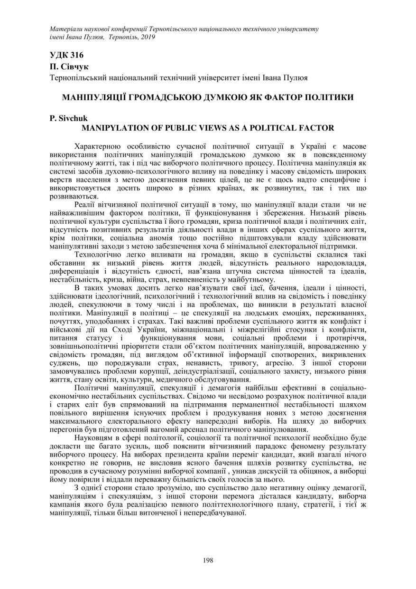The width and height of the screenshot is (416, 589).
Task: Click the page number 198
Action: coord(208,560)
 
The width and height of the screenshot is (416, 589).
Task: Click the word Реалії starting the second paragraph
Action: coord(86,204)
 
